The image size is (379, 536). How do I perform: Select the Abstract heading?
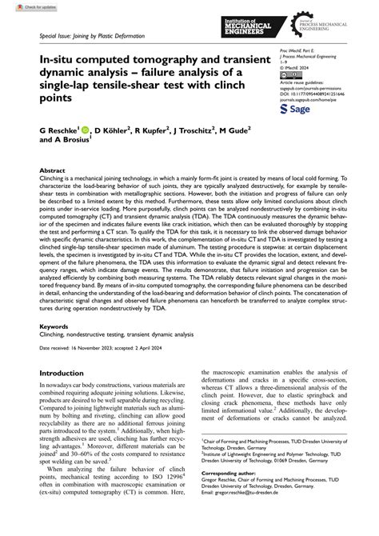52,172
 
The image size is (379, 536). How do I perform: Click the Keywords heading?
54,327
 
